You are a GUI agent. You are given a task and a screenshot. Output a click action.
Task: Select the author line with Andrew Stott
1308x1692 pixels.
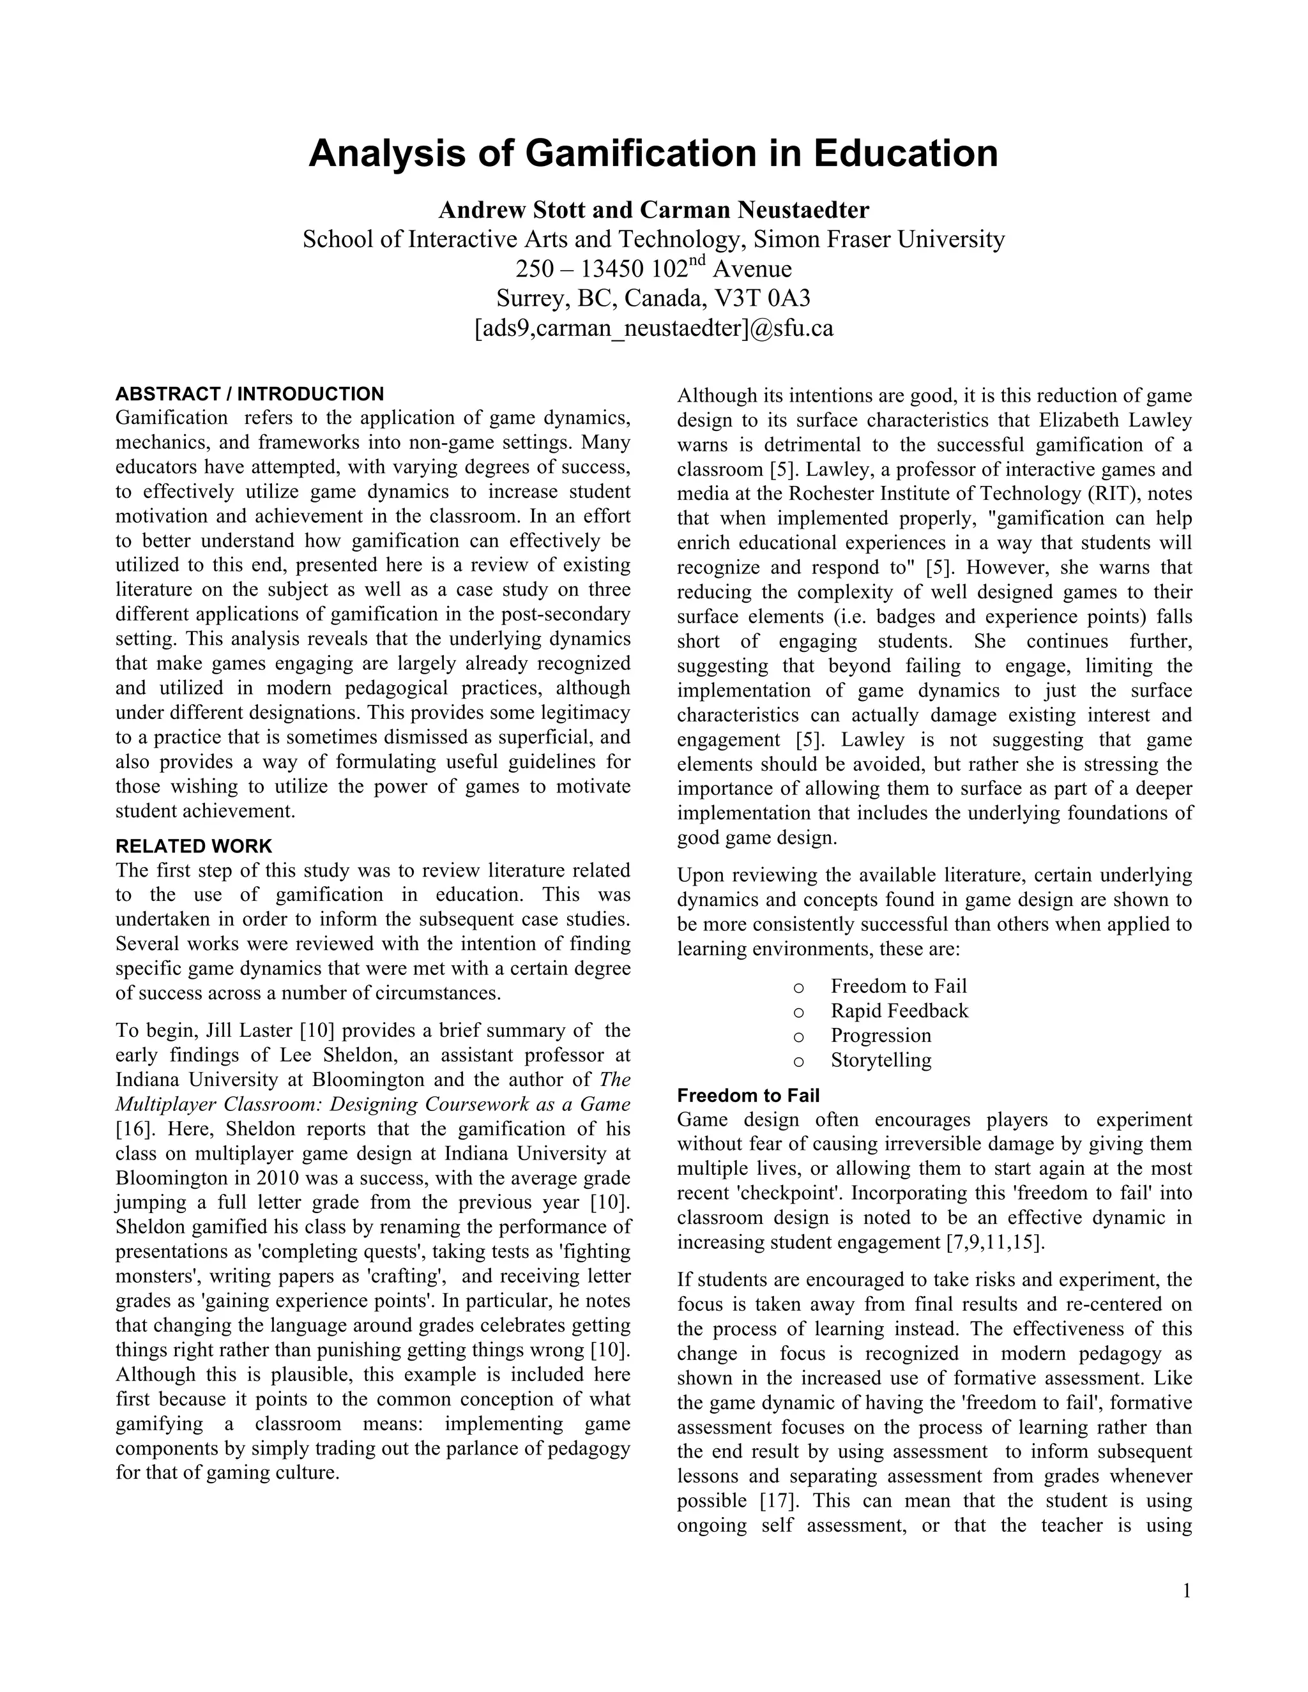pos(653,210)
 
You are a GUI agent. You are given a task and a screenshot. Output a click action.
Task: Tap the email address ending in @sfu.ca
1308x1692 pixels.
pos(653,328)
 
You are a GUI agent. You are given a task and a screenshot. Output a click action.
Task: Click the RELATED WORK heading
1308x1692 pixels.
pos(194,846)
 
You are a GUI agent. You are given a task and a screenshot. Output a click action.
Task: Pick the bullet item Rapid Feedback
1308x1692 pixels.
pos(899,1010)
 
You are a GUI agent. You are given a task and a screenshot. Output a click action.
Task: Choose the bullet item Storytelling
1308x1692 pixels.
pos(881,1060)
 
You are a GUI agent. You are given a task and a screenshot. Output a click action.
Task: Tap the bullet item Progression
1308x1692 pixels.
pos(881,1035)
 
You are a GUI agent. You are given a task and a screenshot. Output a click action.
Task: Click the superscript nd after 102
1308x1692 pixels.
pos(698,261)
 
